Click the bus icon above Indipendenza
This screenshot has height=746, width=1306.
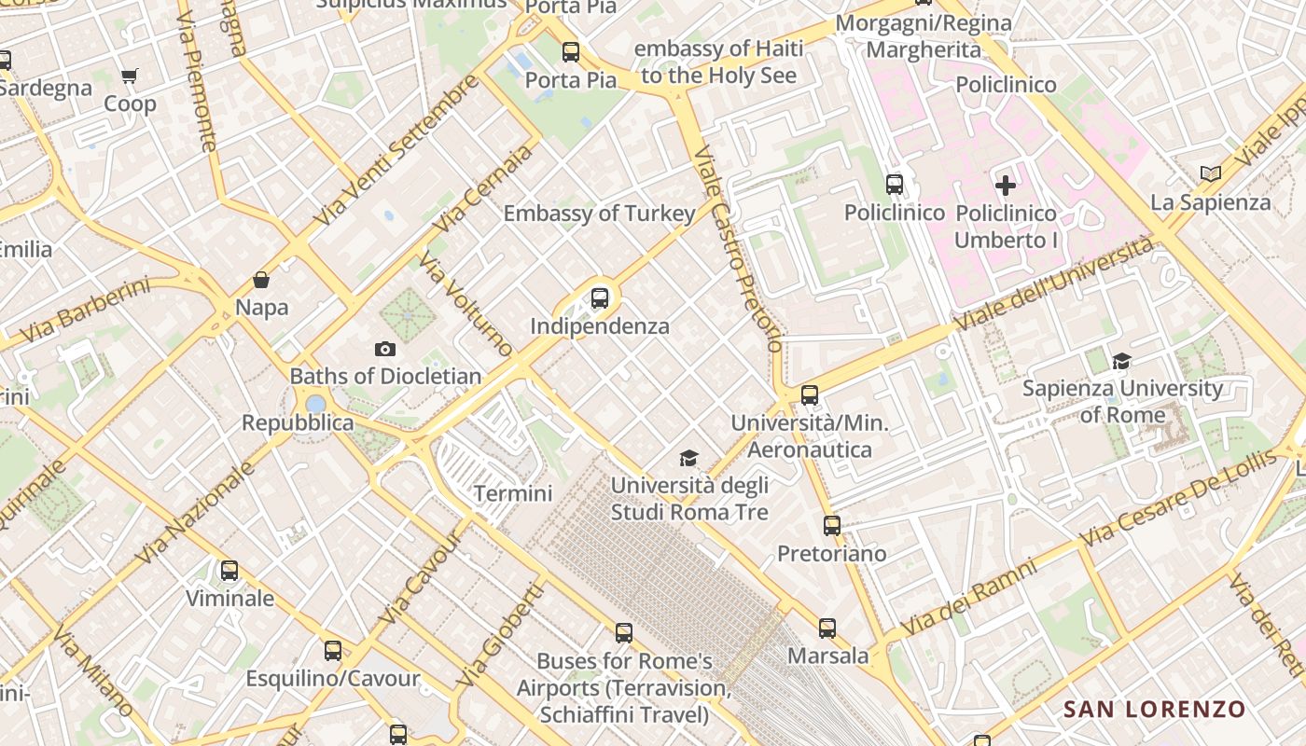point(600,298)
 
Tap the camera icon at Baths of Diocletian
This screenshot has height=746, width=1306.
point(384,350)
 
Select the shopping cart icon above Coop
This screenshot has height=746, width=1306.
point(129,76)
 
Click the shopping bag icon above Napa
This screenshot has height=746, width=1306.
point(261,280)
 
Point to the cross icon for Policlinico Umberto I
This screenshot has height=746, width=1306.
point(1006,186)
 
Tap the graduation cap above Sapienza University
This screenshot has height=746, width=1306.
point(1121,361)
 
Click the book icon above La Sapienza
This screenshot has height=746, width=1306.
point(1211,173)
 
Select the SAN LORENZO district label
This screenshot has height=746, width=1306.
point(1155,710)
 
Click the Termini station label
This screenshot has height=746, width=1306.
point(513,493)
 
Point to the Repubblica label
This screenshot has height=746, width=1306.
point(298,422)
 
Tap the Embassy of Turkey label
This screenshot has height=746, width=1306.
point(600,214)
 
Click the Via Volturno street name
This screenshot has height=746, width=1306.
point(466,304)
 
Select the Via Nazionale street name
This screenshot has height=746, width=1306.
point(196,513)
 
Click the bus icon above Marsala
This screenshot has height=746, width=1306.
point(827,629)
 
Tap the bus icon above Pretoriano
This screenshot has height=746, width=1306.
point(832,526)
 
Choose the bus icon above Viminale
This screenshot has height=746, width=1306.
point(229,571)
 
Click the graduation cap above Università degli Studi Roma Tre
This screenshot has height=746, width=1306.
point(688,458)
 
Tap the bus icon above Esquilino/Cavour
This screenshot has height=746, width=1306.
point(333,651)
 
